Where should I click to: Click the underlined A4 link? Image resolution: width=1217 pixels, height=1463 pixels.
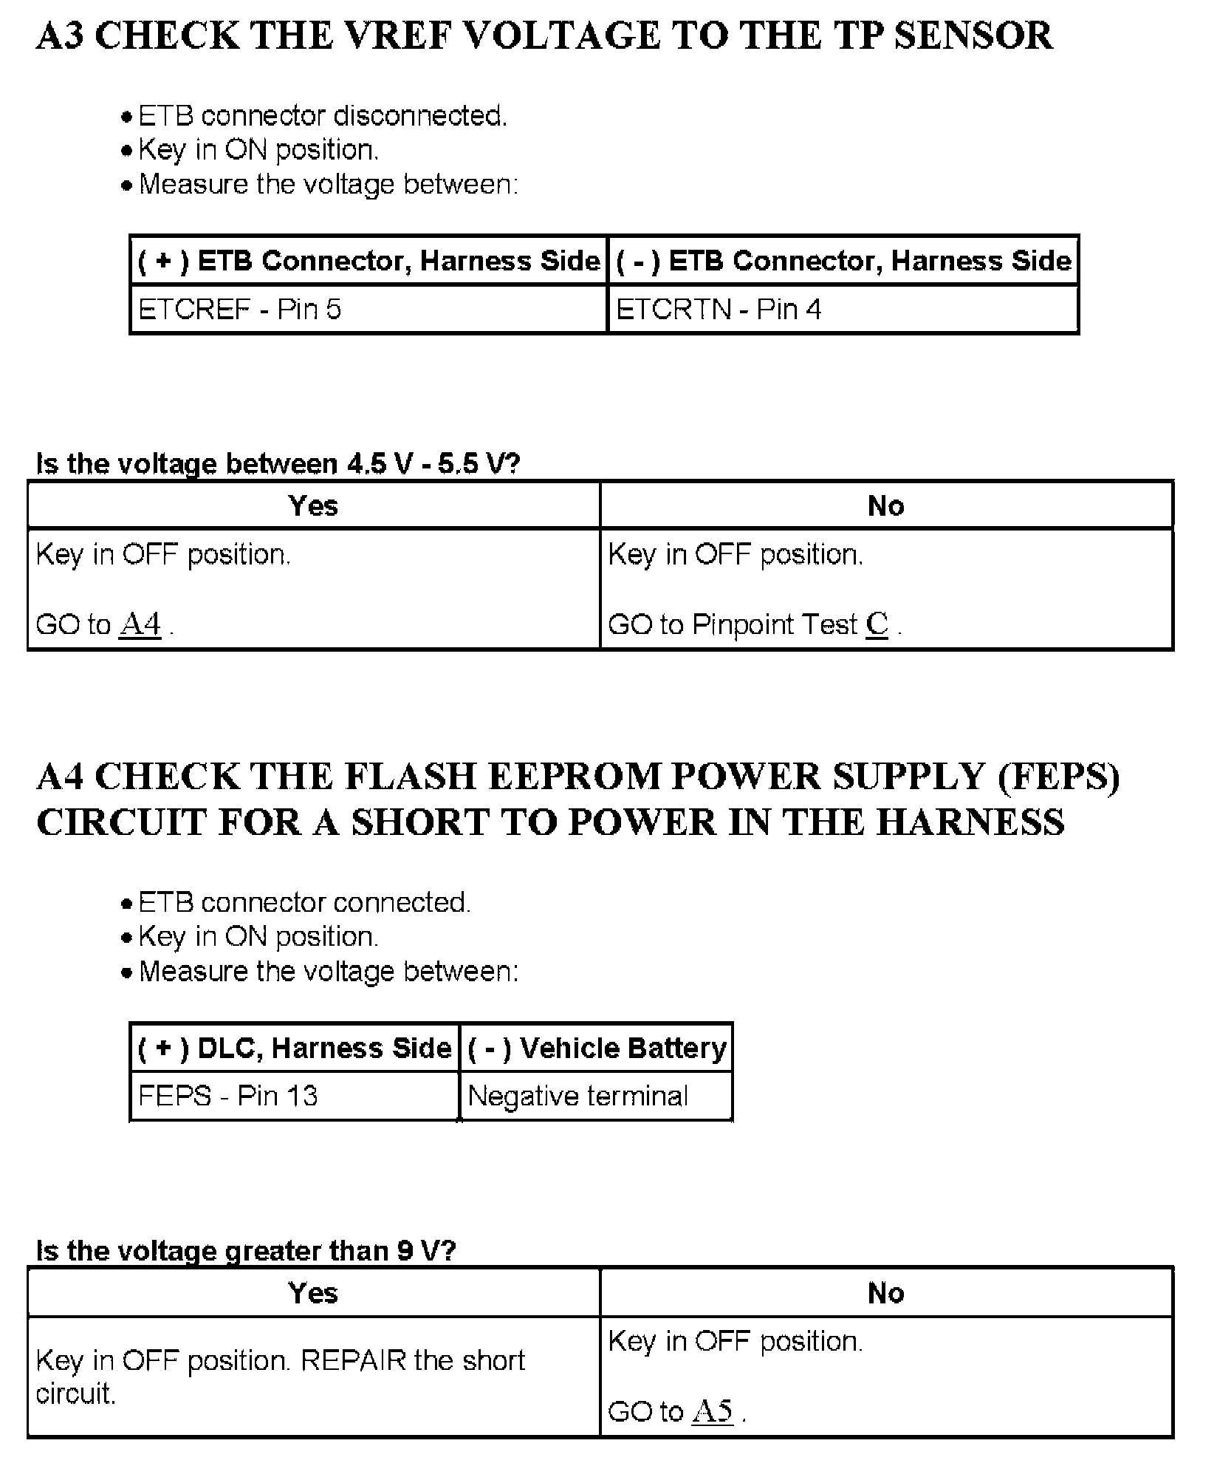[x=140, y=624]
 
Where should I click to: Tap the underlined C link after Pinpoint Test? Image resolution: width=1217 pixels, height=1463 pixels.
[x=877, y=624]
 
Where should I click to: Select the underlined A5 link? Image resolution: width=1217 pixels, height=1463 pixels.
[x=713, y=1411]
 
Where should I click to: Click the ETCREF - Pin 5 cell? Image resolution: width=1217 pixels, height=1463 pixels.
[x=240, y=309]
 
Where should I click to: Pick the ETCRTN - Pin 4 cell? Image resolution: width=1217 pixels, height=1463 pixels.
[x=719, y=309]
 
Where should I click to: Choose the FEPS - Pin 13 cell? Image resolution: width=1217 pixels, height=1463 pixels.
[x=227, y=1095]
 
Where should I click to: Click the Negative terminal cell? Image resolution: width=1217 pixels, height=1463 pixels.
[x=578, y=1095]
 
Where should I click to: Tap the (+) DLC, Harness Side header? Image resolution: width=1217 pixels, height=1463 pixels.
[x=295, y=1048]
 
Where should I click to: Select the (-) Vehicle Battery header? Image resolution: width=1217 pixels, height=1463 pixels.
[x=597, y=1048]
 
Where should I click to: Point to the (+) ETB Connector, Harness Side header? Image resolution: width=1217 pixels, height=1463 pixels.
[x=369, y=261]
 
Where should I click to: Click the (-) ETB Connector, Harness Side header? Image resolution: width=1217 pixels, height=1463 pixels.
[x=843, y=261]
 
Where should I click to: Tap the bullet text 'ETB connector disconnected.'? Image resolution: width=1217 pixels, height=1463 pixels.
[x=323, y=116]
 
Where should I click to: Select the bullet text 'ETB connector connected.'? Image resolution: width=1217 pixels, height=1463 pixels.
[x=304, y=902]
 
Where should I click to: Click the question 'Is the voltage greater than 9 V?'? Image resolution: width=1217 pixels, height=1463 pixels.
[x=246, y=1250]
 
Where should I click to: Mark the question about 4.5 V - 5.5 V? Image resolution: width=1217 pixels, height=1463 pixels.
[x=278, y=464]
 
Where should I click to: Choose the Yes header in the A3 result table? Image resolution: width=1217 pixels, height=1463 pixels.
[x=313, y=506]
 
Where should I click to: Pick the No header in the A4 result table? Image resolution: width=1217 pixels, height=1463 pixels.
[x=885, y=1292]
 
